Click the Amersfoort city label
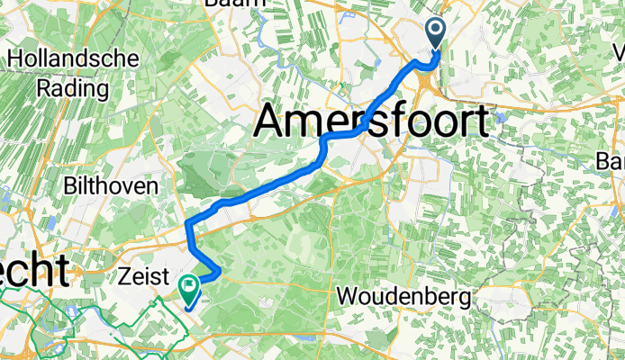click(376, 120)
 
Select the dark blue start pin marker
click(436, 32)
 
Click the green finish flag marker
click(190, 289)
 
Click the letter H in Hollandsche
click(15, 59)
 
